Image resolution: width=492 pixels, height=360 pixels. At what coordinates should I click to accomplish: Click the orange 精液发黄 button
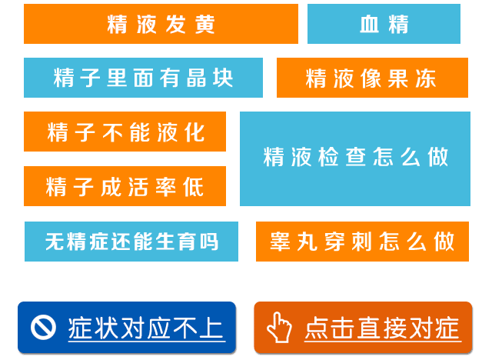(161, 24)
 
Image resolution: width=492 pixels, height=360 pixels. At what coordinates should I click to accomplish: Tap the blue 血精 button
(384, 24)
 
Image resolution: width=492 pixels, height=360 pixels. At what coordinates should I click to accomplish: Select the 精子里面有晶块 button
(143, 78)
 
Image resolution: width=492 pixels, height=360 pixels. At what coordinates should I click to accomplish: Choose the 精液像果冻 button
(372, 78)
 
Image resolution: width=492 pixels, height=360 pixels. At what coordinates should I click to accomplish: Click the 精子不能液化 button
(125, 132)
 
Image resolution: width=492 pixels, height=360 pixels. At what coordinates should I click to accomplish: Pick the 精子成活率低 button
(125, 186)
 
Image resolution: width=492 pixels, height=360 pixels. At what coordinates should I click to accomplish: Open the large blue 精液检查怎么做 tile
(355, 158)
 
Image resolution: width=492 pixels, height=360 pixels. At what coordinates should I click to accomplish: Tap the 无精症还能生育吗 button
(131, 242)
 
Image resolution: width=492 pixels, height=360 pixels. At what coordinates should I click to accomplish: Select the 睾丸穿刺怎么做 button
(362, 242)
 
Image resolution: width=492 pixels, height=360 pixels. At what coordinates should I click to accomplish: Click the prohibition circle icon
(43, 327)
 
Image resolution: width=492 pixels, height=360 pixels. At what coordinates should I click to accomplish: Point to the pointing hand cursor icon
(279, 327)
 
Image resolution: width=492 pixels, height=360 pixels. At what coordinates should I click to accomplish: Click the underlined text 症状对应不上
(146, 328)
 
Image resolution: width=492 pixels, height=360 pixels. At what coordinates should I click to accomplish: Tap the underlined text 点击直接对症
(383, 328)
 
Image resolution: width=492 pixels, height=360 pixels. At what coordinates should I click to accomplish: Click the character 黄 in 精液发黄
(205, 24)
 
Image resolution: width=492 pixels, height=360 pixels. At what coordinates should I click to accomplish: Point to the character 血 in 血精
(369, 24)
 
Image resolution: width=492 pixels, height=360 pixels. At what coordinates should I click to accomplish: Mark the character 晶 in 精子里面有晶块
(196, 78)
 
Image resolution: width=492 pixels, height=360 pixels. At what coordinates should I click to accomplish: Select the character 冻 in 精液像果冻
(426, 78)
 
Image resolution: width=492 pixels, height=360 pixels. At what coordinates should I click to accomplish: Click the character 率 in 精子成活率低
(166, 187)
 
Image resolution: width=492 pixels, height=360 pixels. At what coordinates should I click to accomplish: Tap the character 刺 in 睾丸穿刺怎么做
(362, 242)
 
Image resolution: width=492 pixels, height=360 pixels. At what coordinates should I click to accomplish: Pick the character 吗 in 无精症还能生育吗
(209, 242)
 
